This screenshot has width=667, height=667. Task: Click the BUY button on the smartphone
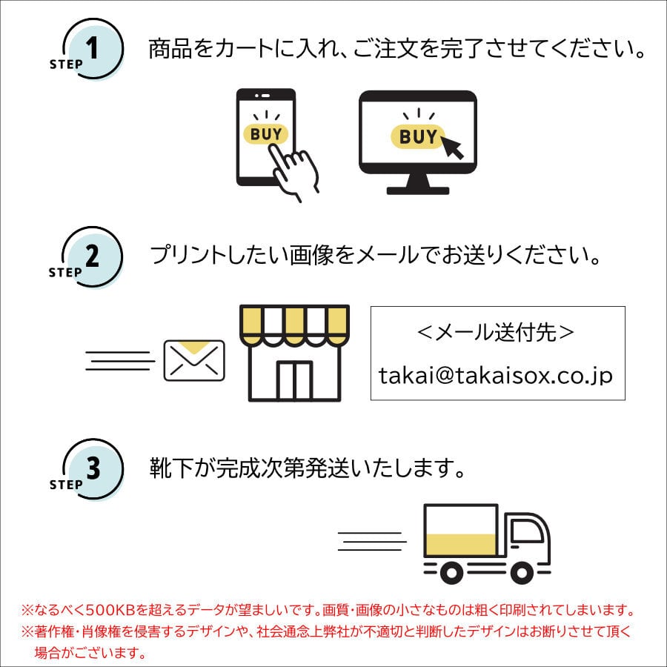tap(265, 134)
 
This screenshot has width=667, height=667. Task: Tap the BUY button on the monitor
tap(418, 136)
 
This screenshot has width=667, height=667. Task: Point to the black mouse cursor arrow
tap(453, 147)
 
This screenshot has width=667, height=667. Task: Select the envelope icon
tap(194, 360)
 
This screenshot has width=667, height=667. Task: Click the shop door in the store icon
tap(295, 380)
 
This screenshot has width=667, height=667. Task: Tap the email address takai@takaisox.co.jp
tap(496, 376)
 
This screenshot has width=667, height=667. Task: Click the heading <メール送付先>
tap(496, 333)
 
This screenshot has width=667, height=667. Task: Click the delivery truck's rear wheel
tap(450, 571)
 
